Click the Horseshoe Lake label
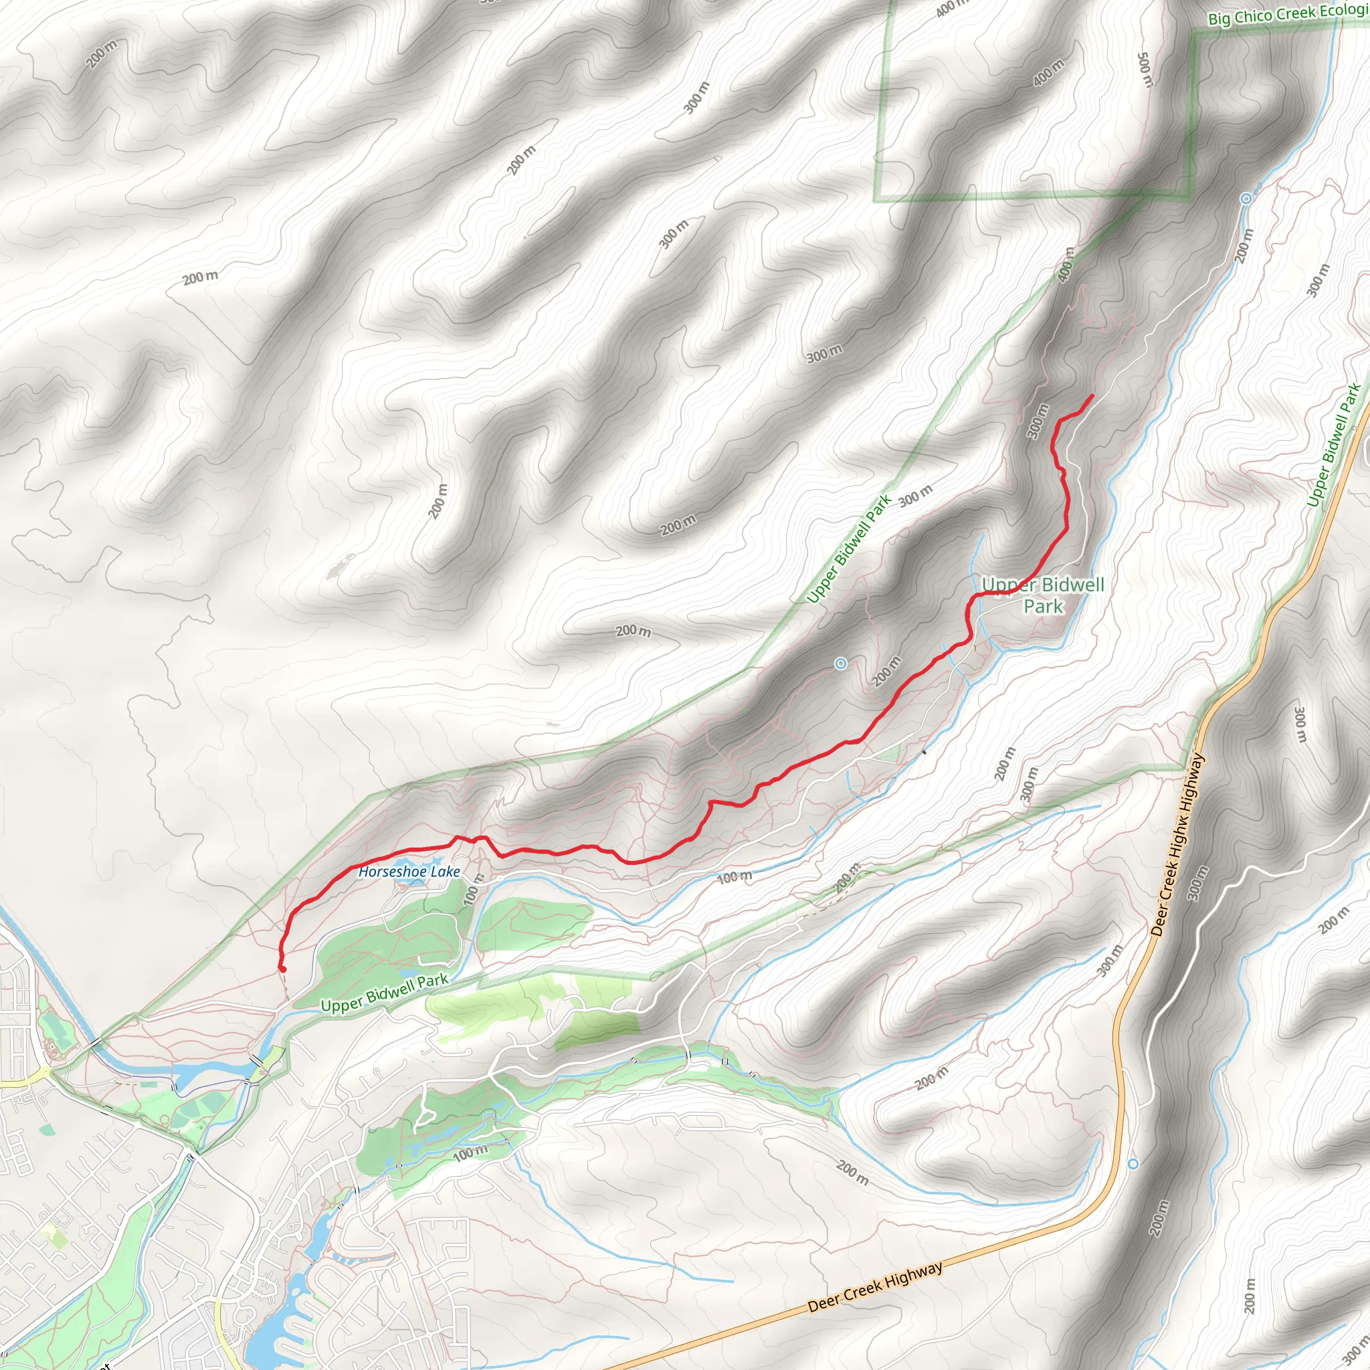pos(409,872)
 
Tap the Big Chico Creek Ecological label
pos(1287,14)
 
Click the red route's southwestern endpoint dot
pos(282,969)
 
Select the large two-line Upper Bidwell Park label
pos(1043,595)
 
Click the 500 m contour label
pos(1145,70)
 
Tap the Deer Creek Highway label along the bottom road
pos(875,1287)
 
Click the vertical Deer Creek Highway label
pos(1178,845)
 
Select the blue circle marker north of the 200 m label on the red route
pos(840,664)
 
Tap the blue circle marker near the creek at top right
pos(1246,199)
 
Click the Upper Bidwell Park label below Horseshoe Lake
pos(385,993)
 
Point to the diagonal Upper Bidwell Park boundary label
pos(849,550)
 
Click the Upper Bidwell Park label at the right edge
pos(1334,446)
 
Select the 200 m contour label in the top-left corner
pos(102,54)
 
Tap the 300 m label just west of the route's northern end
pos(1038,421)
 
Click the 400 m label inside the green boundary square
pos(1048,72)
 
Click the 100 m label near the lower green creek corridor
pos(471,1153)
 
